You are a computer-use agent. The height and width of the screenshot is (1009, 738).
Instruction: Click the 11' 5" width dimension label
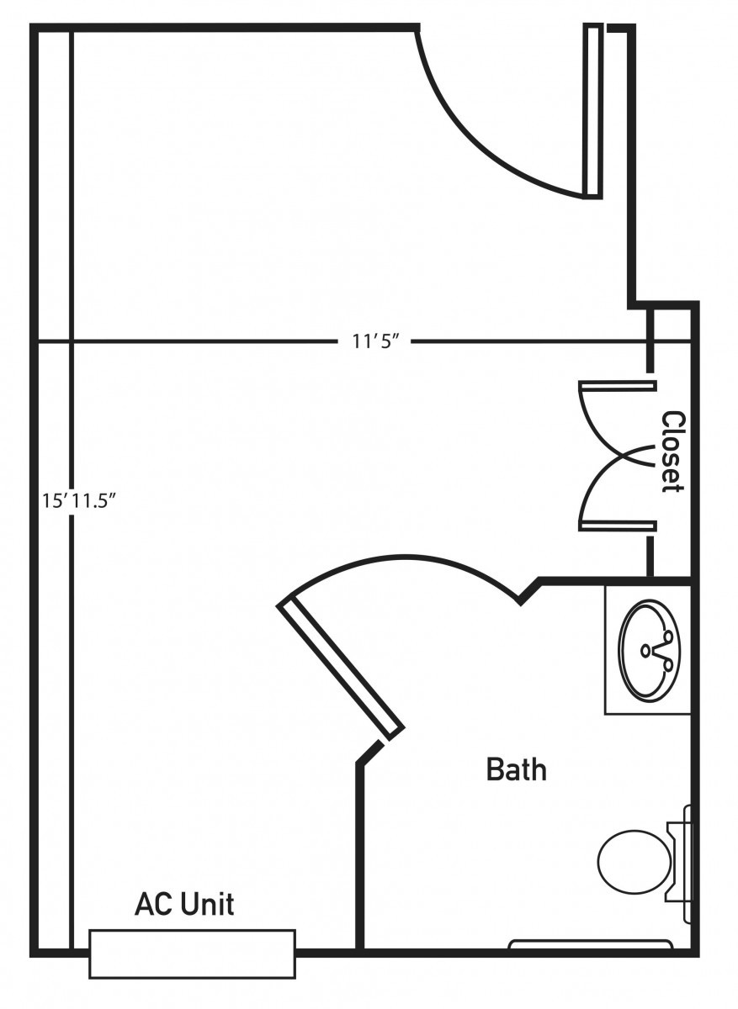(x=376, y=342)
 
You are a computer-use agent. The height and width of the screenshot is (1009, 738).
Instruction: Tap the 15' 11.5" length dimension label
(x=80, y=500)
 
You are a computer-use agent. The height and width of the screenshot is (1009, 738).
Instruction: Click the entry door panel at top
(x=594, y=111)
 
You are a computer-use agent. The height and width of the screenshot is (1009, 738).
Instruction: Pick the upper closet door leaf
(x=617, y=386)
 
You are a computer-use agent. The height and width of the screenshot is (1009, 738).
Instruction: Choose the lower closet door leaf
(x=617, y=526)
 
